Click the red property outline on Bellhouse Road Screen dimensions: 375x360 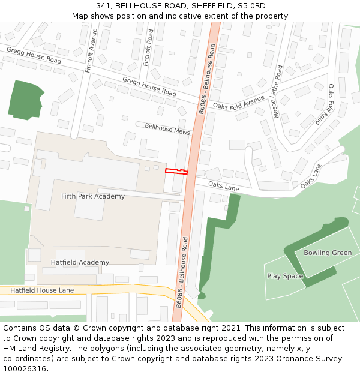[x=176, y=172]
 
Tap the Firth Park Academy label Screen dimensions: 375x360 [x=93, y=196]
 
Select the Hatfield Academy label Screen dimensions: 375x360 [x=80, y=262]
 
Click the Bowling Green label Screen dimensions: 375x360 [x=328, y=253]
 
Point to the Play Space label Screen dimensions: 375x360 [x=285, y=276]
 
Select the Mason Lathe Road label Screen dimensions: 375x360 [x=278, y=91]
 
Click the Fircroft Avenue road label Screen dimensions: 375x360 [x=91, y=51]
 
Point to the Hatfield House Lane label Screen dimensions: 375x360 [x=42, y=290]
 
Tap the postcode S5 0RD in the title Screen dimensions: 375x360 [x=252, y=5]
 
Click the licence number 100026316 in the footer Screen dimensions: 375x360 [x=24, y=369]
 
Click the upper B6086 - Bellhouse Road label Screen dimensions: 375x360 [x=206, y=78]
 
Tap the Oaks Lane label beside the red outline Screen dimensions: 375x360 [x=224, y=187]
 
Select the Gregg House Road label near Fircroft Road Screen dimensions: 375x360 [x=149, y=86]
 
